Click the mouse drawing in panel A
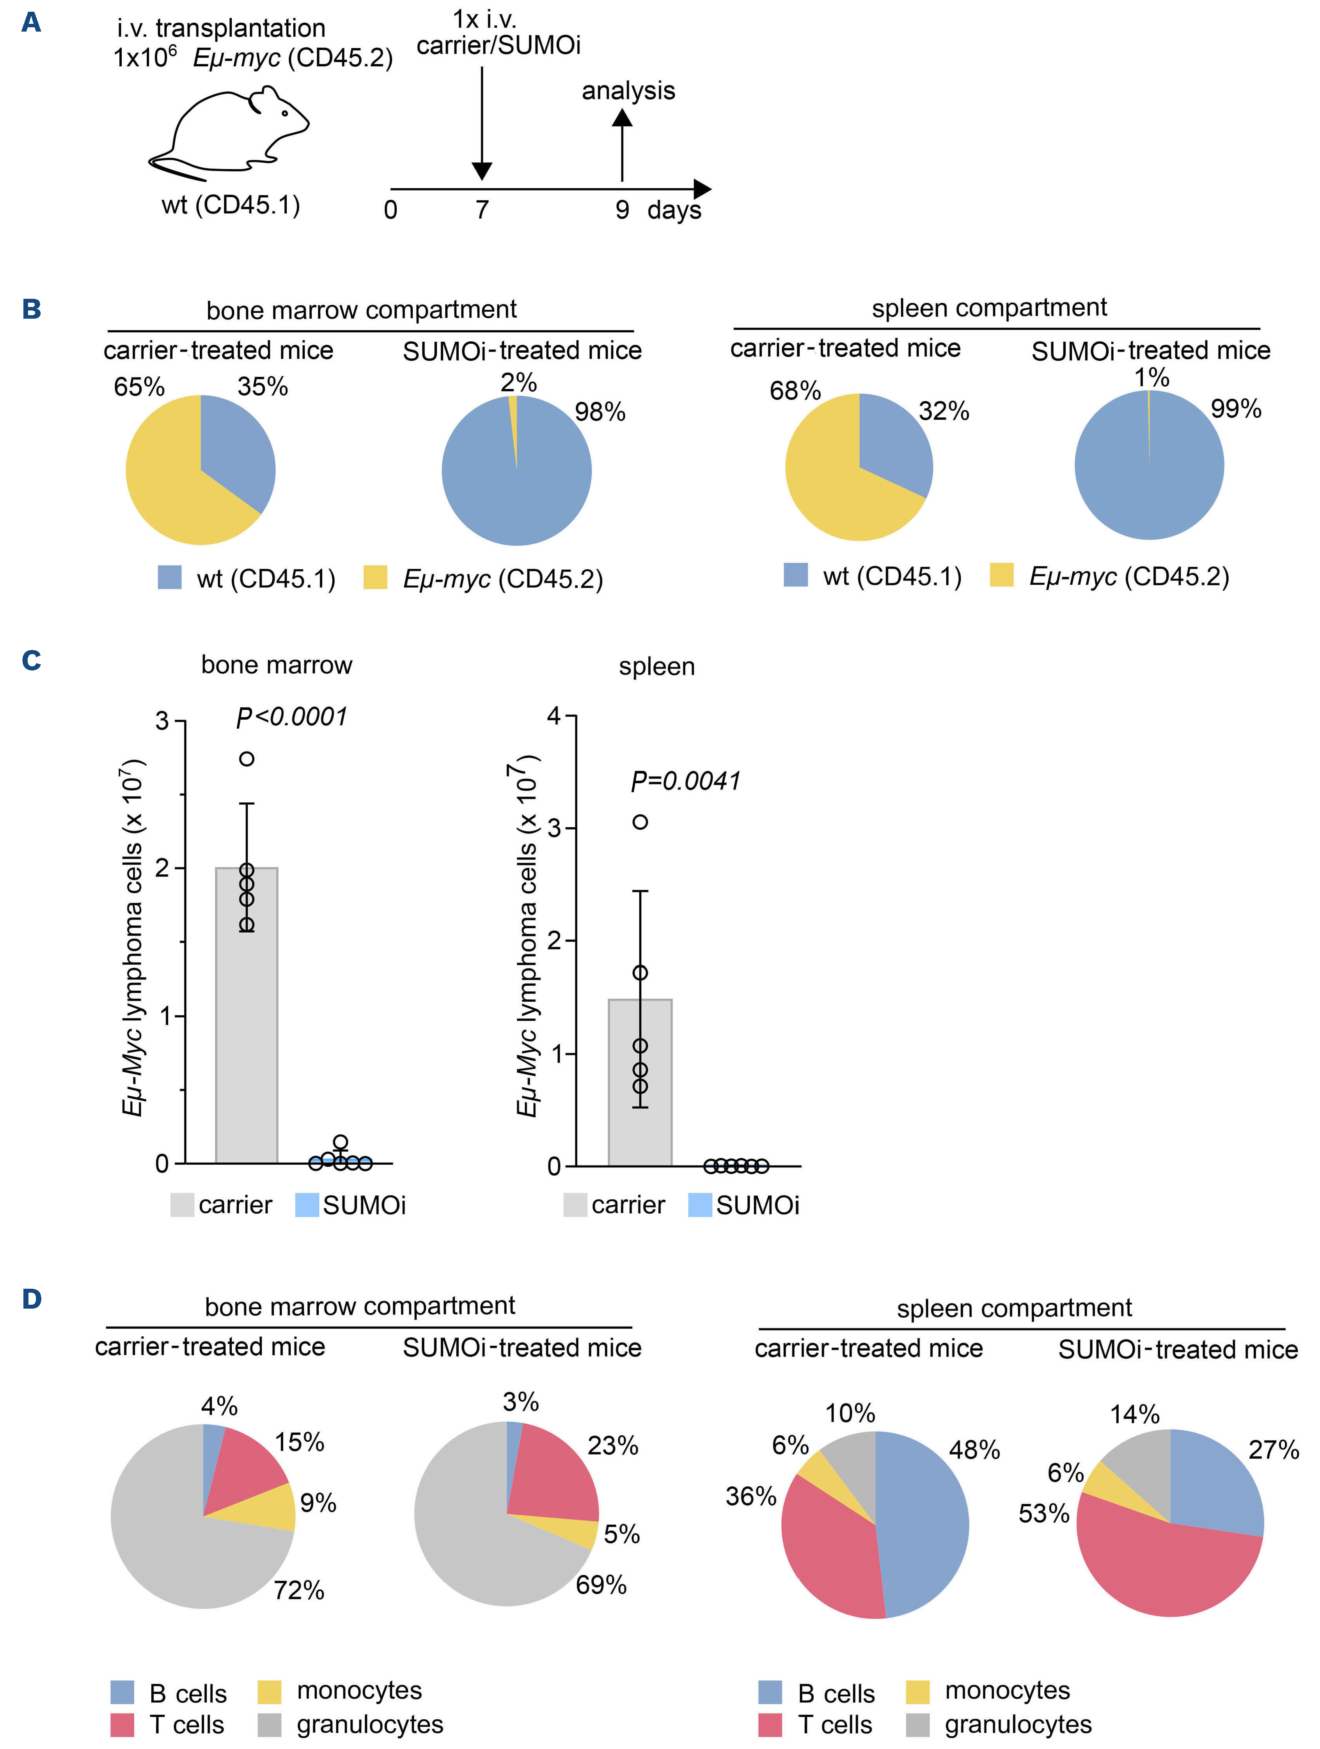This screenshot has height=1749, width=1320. (x=229, y=130)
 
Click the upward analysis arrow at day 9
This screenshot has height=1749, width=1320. (x=623, y=146)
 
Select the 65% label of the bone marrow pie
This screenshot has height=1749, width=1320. (x=139, y=387)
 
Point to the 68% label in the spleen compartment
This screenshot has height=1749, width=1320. (x=795, y=390)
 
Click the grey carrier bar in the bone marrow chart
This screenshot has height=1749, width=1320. (x=247, y=1028)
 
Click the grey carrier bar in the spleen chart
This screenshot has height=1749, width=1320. (x=640, y=1091)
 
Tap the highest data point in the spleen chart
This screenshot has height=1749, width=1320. (x=640, y=821)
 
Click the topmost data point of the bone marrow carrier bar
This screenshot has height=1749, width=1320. (x=247, y=759)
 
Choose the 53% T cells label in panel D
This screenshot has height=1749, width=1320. (x=1043, y=1513)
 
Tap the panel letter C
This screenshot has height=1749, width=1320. (x=32, y=660)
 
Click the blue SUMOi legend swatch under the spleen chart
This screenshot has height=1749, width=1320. (x=700, y=1205)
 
